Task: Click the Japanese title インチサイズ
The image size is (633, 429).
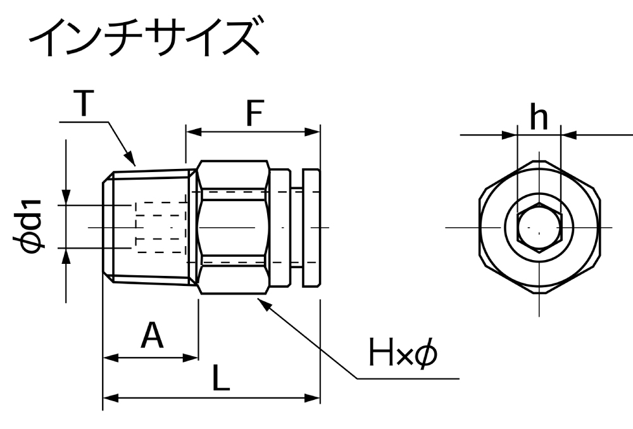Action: [145, 38]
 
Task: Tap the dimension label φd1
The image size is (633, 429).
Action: [32, 226]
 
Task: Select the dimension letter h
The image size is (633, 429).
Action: [539, 118]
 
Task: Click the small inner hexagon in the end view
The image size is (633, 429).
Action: [539, 227]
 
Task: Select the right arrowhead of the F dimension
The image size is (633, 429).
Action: [315, 132]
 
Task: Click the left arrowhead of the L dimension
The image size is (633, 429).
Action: [110, 398]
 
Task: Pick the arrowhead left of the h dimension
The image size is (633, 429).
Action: [510, 135]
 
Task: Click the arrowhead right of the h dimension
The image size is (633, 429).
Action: [568, 135]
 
